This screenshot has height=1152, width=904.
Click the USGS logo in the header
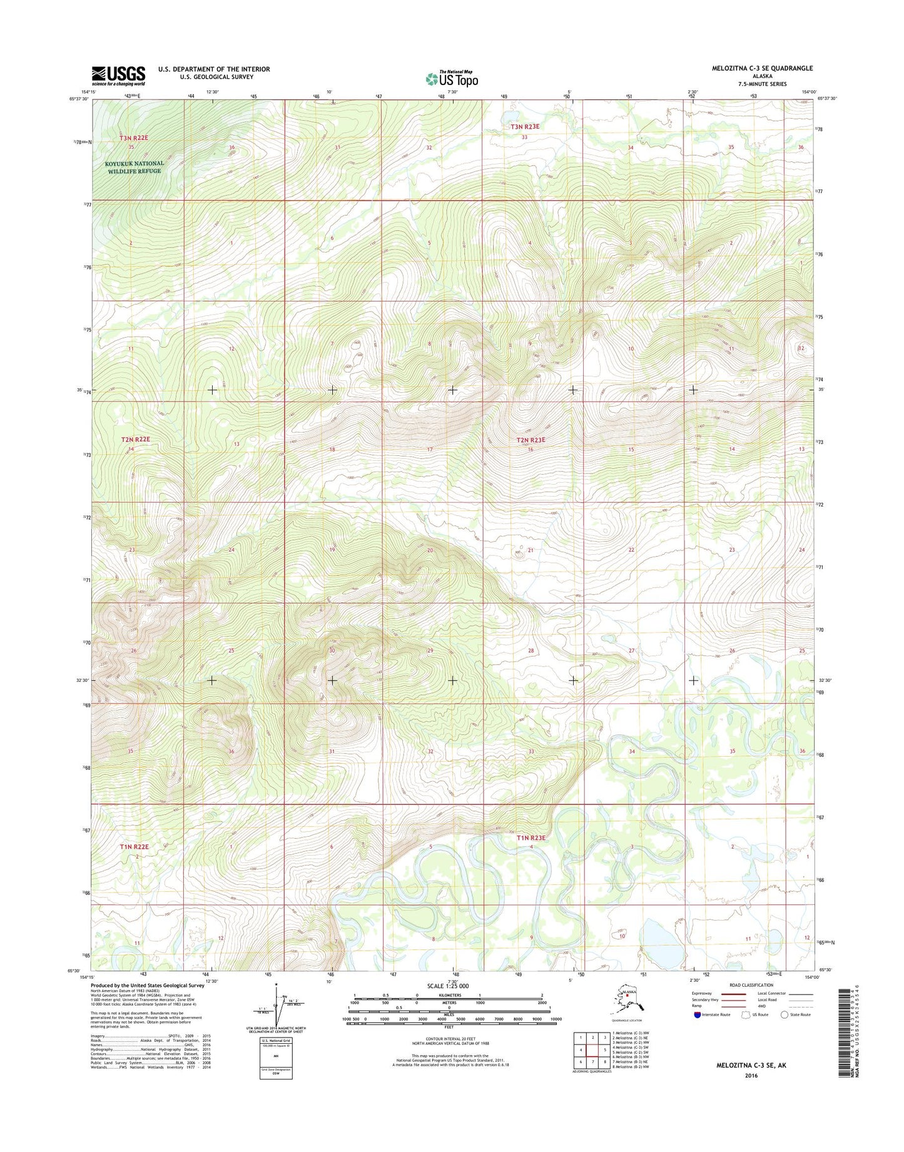pos(118,76)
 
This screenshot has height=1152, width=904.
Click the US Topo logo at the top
pos(452,79)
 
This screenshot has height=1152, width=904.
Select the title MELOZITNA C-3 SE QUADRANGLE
pos(762,68)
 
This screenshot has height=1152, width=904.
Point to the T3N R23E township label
pos(524,127)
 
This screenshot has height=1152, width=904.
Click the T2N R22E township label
pos(135,440)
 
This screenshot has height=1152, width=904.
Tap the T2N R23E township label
pos(531,440)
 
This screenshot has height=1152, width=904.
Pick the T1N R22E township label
pos(135,846)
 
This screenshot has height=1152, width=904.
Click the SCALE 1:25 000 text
pos(447,986)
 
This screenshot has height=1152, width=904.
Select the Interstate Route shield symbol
pos(698,1014)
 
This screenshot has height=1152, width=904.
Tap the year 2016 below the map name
pos(751,1076)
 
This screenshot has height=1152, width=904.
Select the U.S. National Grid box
pos(276,1058)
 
